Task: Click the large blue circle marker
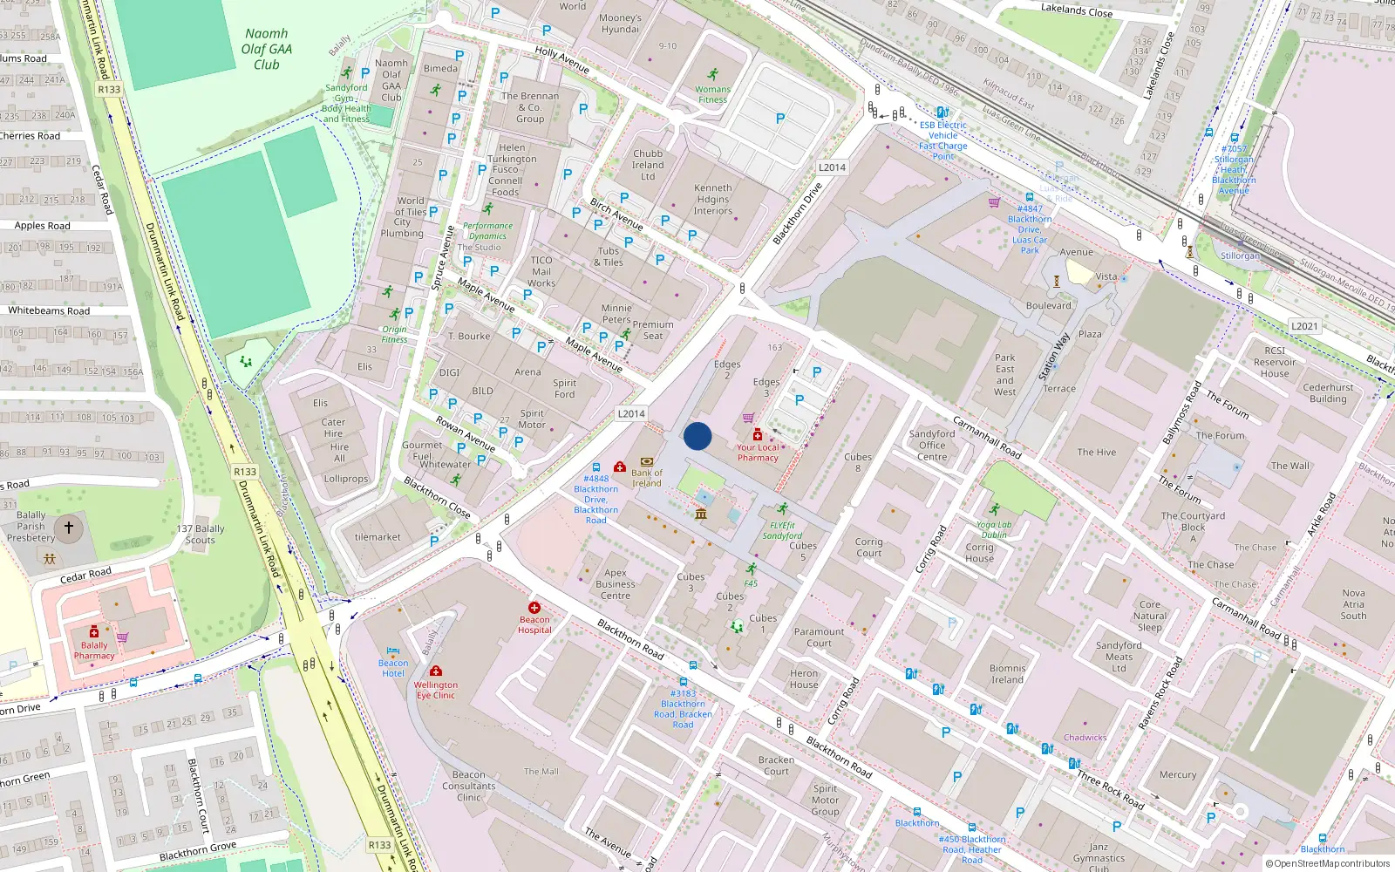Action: [x=697, y=436]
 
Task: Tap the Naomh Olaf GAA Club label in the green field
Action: [x=267, y=49]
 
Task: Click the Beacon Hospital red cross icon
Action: [x=534, y=608]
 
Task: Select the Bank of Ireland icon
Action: [x=647, y=462]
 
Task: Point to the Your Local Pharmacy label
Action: [x=758, y=453]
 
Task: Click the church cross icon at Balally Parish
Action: [x=69, y=528]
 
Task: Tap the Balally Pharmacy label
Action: [x=94, y=651]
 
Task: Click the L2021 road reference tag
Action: [x=1304, y=326]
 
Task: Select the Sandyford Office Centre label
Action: [x=932, y=445]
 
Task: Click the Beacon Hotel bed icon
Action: [x=393, y=651]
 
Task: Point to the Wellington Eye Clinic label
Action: [x=436, y=690]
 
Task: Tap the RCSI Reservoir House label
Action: [x=1275, y=362]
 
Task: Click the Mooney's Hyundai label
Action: [x=620, y=24]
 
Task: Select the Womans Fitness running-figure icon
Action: [x=713, y=75]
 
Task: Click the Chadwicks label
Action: [x=1085, y=738]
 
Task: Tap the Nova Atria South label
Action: [x=1353, y=604]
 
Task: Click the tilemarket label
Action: [x=378, y=537]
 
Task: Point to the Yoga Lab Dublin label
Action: [x=994, y=530]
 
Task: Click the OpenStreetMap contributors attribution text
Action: [x=1331, y=863]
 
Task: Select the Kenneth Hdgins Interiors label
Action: [x=713, y=199]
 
